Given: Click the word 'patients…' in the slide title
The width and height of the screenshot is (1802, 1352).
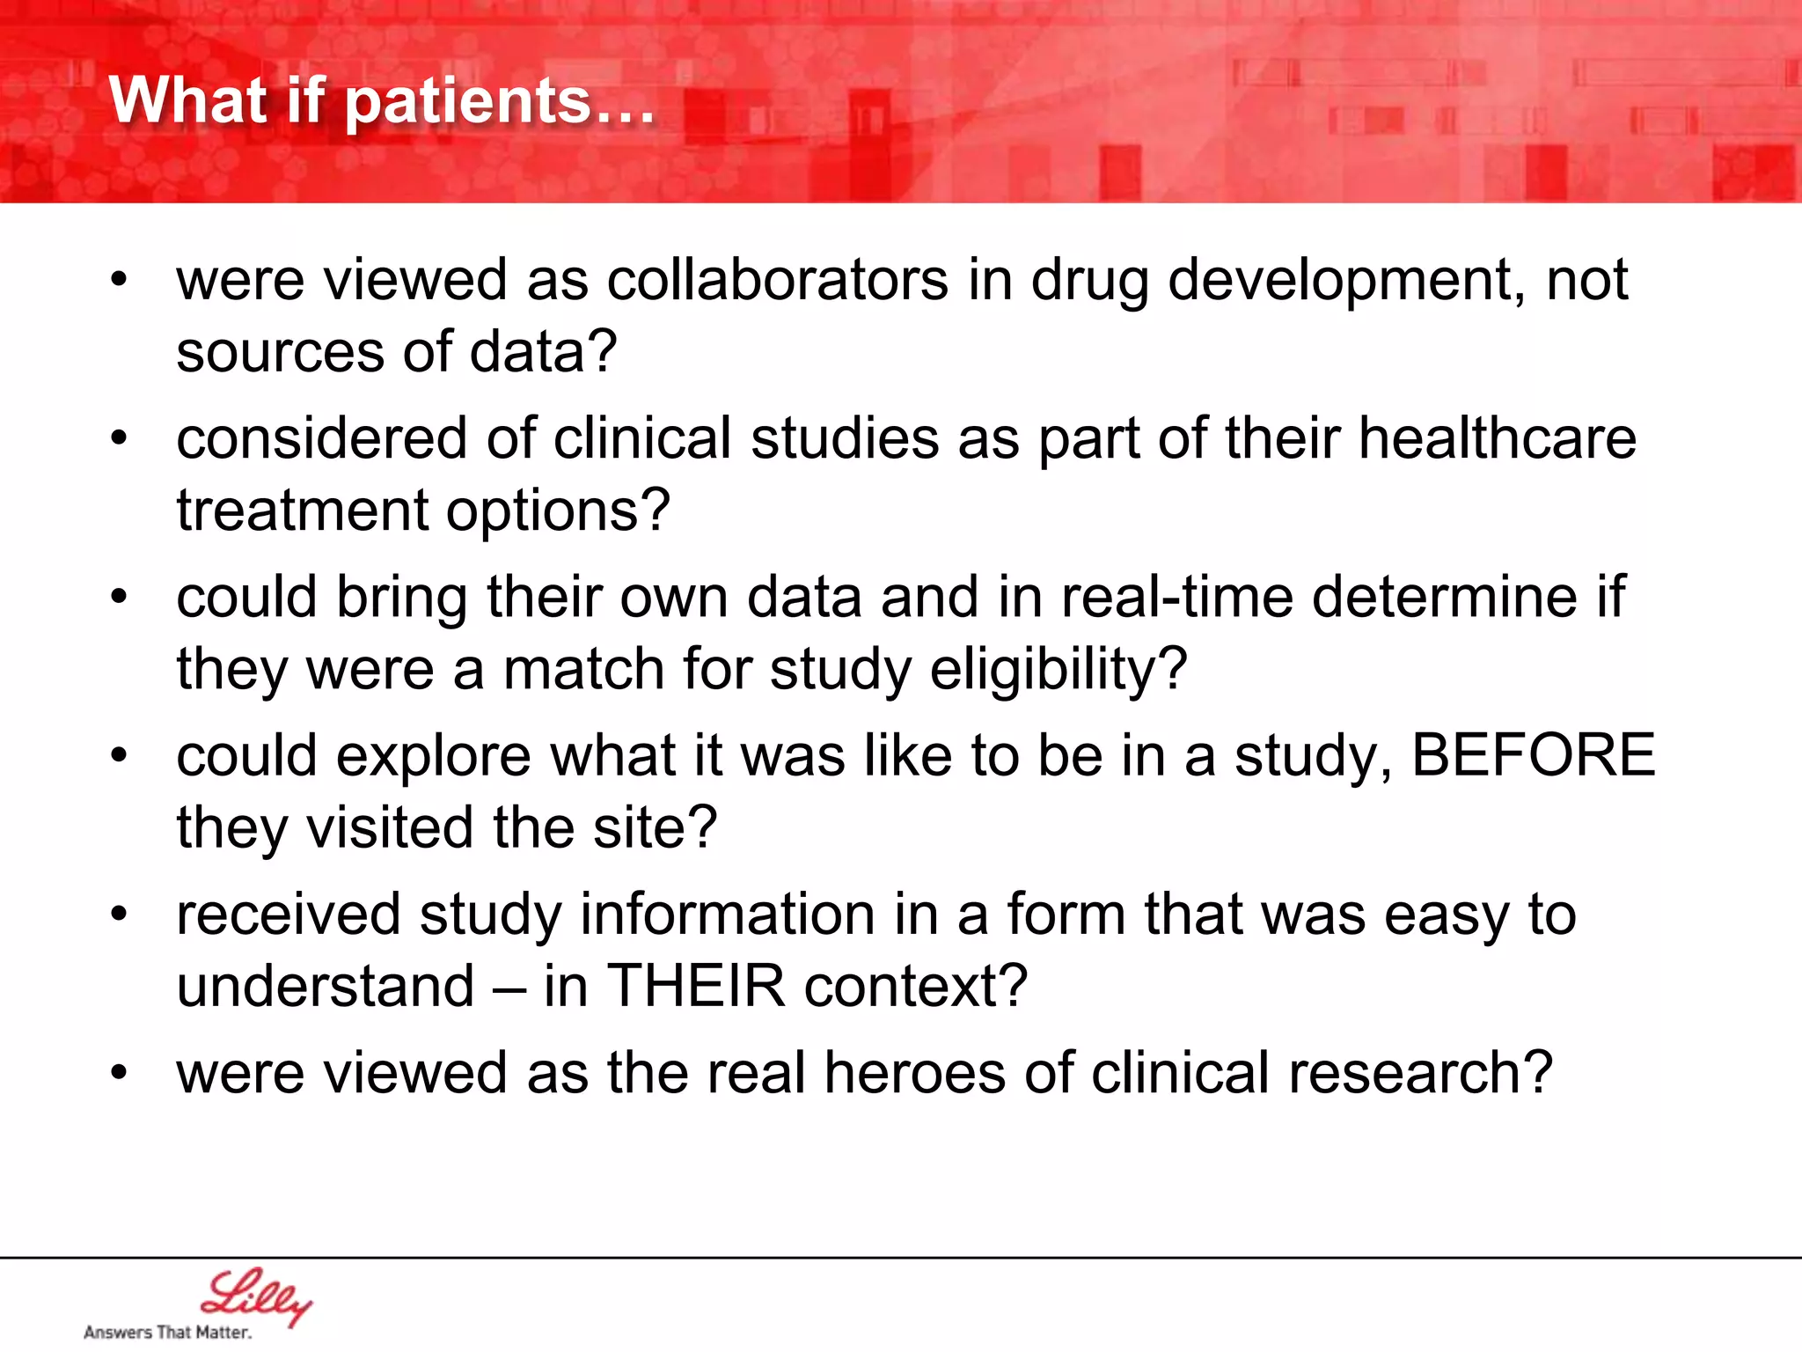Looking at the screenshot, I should [x=499, y=103].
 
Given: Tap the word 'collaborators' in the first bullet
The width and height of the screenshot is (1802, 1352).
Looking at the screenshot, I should [x=778, y=281].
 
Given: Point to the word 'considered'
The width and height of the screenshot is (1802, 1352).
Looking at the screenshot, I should [x=321, y=438].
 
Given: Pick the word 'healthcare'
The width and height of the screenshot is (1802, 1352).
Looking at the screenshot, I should [x=1497, y=438].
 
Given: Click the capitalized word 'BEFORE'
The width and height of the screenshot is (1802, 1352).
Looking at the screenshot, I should [x=1533, y=755].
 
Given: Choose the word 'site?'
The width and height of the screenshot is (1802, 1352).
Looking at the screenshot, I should [x=655, y=828].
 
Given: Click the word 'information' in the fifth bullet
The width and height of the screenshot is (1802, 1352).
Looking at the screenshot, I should [x=728, y=915].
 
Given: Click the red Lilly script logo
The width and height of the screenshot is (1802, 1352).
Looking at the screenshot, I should [x=255, y=1296].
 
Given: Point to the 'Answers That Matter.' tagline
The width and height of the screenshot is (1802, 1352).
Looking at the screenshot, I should [x=167, y=1333].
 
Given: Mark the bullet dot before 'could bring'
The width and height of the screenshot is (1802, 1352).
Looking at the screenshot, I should [x=120, y=598].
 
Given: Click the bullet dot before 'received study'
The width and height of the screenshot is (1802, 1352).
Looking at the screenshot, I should [x=120, y=915].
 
